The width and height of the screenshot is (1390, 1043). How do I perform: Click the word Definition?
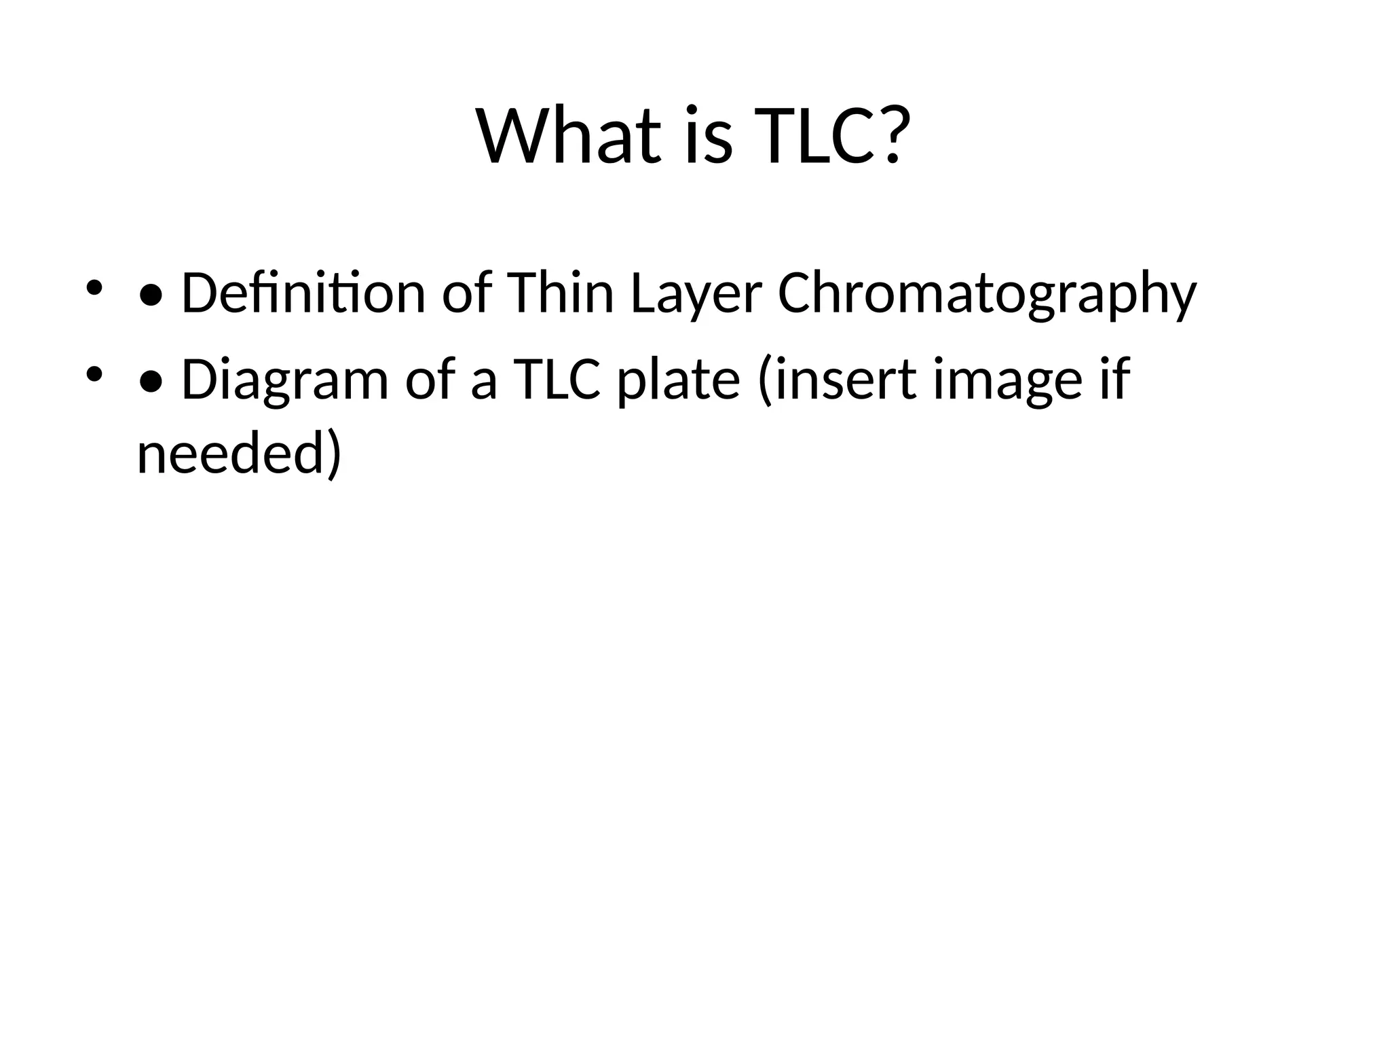click(303, 293)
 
